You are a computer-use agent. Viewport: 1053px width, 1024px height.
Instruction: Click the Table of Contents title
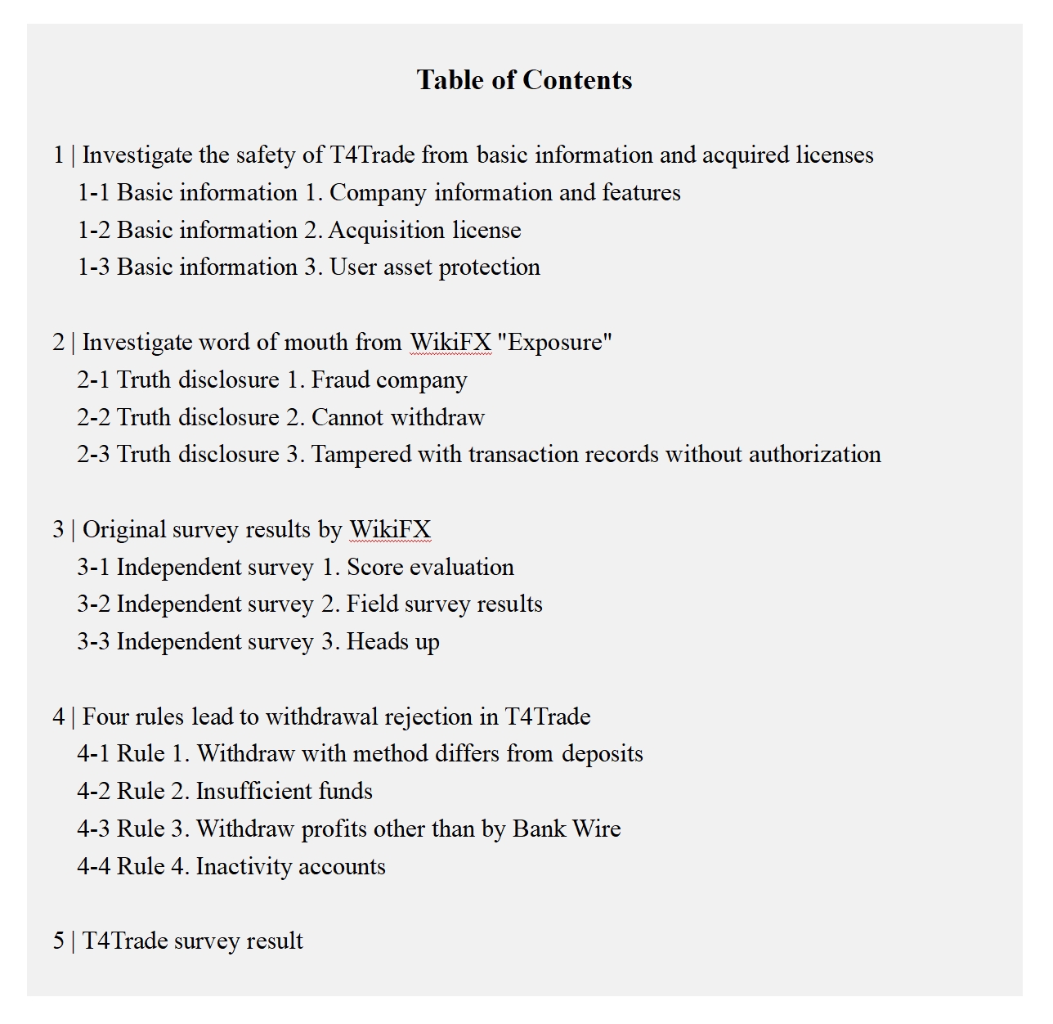524,80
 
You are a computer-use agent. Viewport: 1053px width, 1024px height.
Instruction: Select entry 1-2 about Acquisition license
299,231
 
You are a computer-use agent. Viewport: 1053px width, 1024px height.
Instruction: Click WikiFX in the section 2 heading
450,342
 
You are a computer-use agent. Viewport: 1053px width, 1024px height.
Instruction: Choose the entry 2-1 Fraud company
272,380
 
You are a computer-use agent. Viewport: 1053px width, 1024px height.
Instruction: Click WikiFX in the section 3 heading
390,530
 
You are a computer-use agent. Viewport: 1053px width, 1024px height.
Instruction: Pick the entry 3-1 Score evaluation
296,568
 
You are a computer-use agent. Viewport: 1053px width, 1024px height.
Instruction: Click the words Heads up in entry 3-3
392,642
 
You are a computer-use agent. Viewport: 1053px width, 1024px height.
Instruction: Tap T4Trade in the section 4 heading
547,717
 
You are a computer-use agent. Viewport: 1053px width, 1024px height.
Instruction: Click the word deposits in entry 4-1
602,754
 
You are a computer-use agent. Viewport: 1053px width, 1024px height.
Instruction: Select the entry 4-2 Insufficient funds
225,792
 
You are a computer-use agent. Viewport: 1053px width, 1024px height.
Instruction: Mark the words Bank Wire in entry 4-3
567,829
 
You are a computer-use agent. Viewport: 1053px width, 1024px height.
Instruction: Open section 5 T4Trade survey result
178,941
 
